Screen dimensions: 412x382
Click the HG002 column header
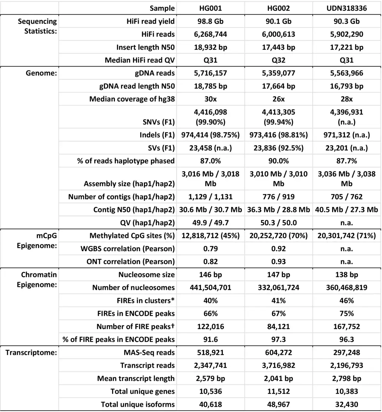(x=278, y=8)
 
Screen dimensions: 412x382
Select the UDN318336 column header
(x=346, y=8)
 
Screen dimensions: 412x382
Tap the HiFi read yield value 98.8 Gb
(x=210, y=21)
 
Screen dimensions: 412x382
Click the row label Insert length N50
(x=145, y=47)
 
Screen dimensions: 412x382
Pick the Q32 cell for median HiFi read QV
(x=278, y=60)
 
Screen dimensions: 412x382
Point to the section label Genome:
(x=41, y=73)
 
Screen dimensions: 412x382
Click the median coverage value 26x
(x=278, y=99)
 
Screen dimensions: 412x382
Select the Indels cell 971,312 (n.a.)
(x=346, y=135)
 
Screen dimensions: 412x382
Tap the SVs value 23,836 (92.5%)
(x=278, y=148)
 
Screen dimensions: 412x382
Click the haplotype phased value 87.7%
(x=346, y=161)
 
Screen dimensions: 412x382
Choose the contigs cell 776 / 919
(x=278, y=197)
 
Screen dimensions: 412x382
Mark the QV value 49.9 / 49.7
(x=210, y=223)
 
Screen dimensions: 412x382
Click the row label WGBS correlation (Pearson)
(x=128, y=249)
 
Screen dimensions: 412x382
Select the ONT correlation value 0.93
(x=278, y=261)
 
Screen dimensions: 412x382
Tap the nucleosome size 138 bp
(x=346, y=275)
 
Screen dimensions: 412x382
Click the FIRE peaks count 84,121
(x=278, y=326)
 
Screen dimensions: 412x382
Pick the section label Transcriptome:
(x=31, y=352)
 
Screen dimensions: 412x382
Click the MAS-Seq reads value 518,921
(x=210, y=352)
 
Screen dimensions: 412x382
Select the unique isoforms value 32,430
(x=346, y=404)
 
